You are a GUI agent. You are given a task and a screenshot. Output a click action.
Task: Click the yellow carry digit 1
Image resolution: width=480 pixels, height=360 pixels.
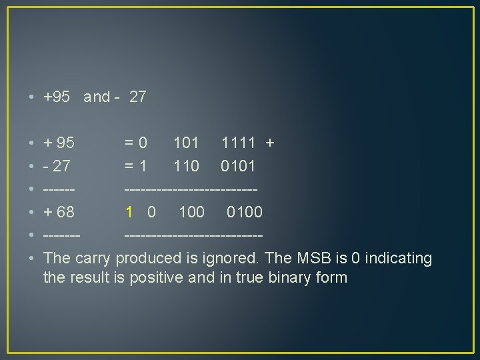[x=130, y=212]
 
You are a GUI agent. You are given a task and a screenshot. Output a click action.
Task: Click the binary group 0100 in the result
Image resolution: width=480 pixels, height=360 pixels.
[x=244, y=212]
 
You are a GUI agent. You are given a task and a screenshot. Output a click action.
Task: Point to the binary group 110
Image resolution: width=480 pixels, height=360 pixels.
[x=186, y=165]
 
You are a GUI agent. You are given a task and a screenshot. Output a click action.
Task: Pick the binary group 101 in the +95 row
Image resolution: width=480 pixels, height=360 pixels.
[x=186, y=142]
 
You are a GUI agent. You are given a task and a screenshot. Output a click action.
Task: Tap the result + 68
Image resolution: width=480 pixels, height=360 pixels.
[x=59, y=212]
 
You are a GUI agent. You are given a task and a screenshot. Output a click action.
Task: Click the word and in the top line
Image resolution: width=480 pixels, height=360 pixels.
[x=97, y=97]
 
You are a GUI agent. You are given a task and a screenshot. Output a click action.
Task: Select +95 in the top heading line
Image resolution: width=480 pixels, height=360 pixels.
[x=57, y=97]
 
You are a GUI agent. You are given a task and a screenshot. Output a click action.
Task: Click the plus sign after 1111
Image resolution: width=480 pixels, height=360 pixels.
[x=270, y=142]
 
